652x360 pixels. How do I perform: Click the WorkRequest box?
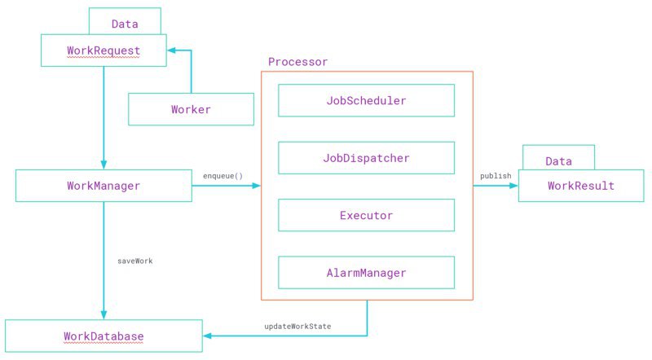[x=104, y=50]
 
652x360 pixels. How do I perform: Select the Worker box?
[x=191, y=109]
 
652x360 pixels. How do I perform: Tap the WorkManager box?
[x=104, y=186]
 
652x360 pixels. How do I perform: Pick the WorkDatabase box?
[x=104, y=336]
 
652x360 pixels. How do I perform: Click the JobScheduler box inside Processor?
[x=366, y=101]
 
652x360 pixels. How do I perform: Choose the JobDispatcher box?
[x=366, y=158]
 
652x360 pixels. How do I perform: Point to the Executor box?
[x=366, y=215]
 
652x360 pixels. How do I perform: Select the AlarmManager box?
[x=366, y=273]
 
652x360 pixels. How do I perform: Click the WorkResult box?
[x=581, y=186]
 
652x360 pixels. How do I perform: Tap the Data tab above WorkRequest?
[x=125, y=21]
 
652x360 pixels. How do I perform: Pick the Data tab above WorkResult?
[x=558, y=157]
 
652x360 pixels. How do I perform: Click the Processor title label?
[x=297, y=62]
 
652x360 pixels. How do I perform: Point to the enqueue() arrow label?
[x=222, y=176]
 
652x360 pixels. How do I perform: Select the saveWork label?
[x=135, y=261]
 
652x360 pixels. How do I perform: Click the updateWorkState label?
[x=297, y=327]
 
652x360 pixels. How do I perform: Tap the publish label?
[x=496, y=176]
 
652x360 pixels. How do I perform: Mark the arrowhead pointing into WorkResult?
[x=514, y=186]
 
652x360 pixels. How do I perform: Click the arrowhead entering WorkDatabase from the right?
[x=207, y=336]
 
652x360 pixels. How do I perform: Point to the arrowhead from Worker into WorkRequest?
[x=171, y=50]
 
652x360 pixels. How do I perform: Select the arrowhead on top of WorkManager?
[x=104, y=165]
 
